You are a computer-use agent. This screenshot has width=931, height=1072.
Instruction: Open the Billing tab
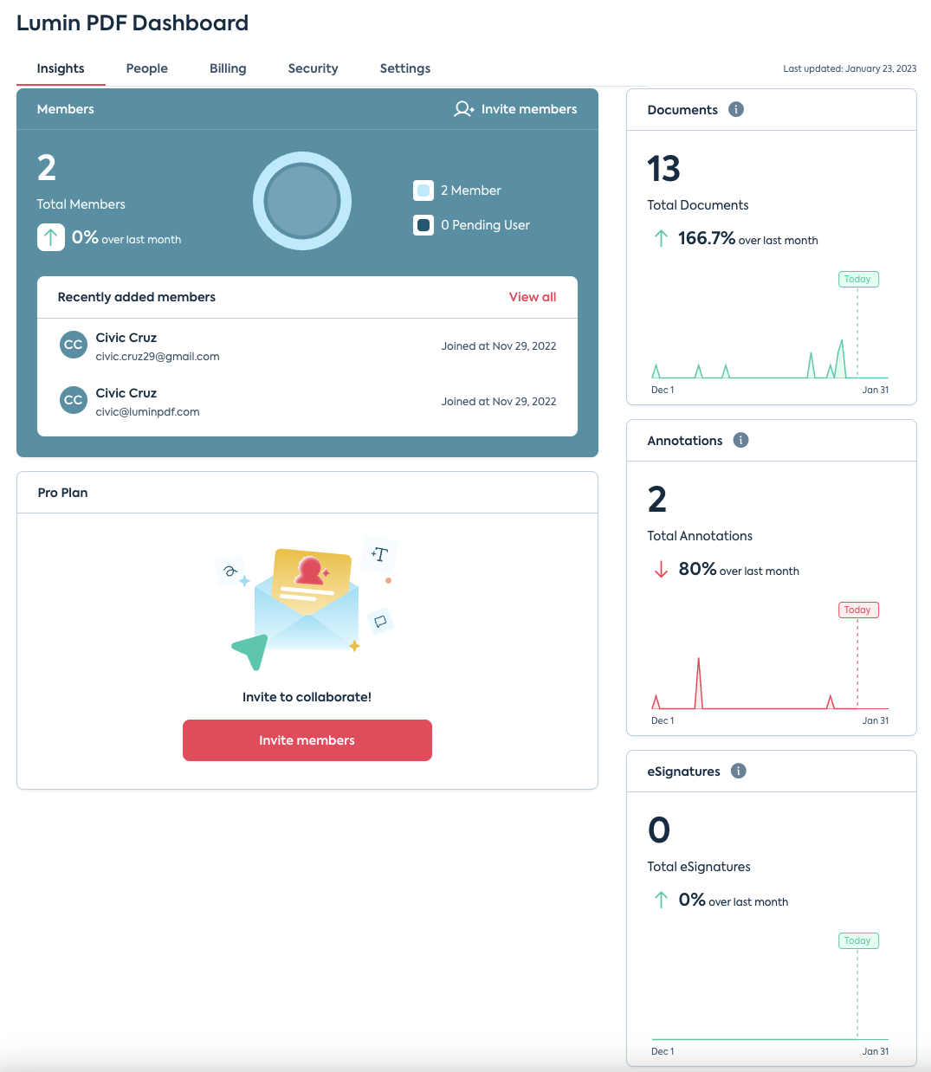(228, 68)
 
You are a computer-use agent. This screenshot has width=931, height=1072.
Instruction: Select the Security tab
(313, 68)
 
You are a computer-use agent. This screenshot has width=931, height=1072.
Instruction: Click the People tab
(146, 68)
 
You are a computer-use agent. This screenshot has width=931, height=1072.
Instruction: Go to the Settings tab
(404, 68)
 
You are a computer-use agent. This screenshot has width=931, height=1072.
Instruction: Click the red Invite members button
(307, 740)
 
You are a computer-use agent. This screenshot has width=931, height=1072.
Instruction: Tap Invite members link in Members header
(515, 109)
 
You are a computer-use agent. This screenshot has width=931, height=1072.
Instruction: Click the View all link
(532, 297)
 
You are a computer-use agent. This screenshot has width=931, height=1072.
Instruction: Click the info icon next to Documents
(736, 109)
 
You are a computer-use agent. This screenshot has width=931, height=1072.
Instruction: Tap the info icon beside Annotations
(740, 440)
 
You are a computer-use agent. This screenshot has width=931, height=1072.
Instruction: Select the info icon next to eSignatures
(738, 771)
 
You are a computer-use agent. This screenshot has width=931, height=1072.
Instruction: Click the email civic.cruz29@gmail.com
(158, 357)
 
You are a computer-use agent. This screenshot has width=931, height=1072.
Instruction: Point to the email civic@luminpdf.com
(147, 412)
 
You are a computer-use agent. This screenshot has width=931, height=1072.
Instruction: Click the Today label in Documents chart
(857, 279)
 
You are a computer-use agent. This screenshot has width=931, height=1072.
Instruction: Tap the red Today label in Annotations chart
(857, 610)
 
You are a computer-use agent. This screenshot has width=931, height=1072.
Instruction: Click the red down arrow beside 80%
(661, 569)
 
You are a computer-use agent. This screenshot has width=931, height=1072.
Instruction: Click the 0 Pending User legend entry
(472, 225)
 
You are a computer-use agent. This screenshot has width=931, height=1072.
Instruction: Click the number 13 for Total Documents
(663, 169)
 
